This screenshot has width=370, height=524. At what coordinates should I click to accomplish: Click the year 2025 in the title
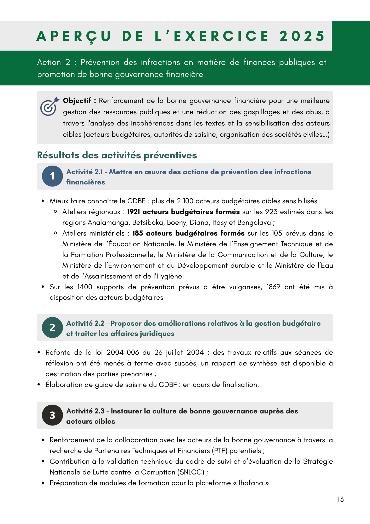point(302,36)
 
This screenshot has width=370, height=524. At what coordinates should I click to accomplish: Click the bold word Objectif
point(77,101)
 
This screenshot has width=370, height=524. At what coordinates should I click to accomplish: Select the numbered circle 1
point(52,176)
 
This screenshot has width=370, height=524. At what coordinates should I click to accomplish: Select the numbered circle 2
point(52,327)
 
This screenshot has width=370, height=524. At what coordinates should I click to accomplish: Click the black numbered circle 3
point(52,415)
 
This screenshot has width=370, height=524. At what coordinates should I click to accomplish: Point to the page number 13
point(340,499)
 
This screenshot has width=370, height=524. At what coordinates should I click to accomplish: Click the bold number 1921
point(133,212)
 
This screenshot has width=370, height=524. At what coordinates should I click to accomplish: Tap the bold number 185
point(138,233)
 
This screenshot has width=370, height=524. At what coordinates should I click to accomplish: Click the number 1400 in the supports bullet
point(85,287)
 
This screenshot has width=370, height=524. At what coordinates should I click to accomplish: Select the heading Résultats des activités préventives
point(117,155)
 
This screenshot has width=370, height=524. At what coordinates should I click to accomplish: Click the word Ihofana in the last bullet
point(251,483)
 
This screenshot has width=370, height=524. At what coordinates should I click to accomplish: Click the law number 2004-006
point(123,352)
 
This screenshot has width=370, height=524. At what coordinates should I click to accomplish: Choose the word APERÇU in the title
point(74,36)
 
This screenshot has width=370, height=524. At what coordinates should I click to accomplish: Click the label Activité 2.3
point(85,411)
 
